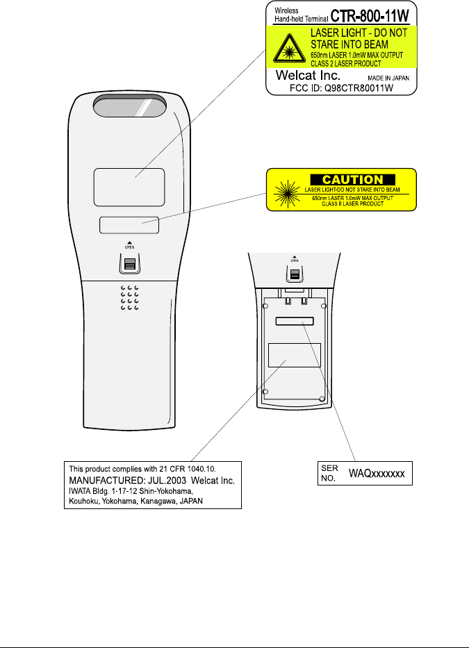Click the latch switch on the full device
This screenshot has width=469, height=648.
[129, 264]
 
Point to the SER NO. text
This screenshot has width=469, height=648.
[327, 473]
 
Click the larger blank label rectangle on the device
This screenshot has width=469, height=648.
[129, 187]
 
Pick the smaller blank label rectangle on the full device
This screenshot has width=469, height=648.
[129, 225]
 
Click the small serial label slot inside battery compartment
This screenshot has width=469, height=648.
[294, 322]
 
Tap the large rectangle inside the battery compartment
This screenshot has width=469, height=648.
[294, 354]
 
